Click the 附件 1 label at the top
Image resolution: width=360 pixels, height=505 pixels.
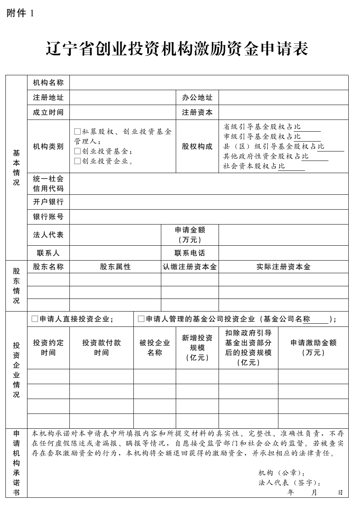pos(20,13)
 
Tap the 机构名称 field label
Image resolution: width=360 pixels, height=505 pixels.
pos(48,83)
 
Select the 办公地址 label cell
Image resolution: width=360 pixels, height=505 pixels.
pos(197,97)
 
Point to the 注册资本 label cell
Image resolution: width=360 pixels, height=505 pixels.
pos(197,112)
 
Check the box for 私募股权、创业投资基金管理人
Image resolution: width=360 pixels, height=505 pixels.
pos(77,132)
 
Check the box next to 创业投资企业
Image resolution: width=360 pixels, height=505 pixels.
pos(77,161)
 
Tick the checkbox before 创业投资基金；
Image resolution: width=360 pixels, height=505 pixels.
pos(77,151)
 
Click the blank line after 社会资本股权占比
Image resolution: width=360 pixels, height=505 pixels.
pos(295,167)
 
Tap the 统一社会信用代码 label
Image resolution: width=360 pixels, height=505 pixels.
pos(48,184)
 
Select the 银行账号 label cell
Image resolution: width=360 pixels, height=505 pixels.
pos(48,217)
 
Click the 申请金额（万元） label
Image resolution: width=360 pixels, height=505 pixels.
pos(190,235)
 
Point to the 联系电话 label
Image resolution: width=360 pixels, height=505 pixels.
pos(190,253)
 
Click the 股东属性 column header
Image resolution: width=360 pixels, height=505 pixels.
pos(115,266)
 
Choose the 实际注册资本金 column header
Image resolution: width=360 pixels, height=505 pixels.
pos(283,266)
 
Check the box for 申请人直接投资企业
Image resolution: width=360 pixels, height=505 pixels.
pos(35,319)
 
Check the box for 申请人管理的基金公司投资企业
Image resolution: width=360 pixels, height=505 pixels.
pos(141,319)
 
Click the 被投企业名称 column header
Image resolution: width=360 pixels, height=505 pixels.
pos(155,348)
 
